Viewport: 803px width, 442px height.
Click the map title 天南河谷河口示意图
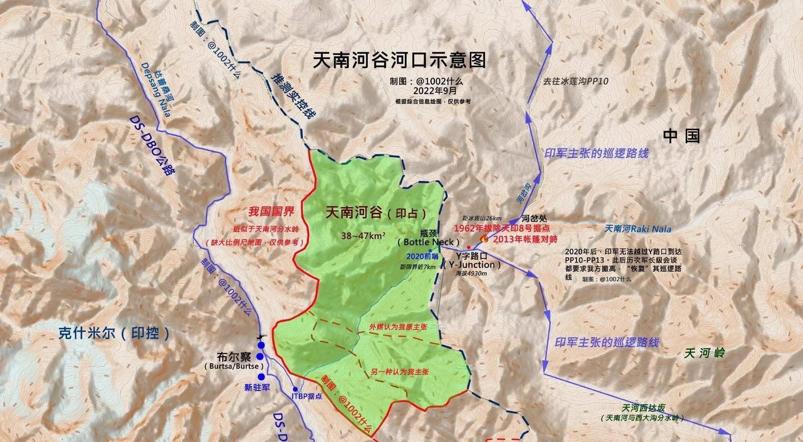[x=399, y=60]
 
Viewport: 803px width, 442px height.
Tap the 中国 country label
[x=681, y=136]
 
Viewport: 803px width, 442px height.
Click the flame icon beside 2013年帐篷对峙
[x=484, y=239]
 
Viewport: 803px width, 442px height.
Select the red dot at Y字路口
[x=468, y=247]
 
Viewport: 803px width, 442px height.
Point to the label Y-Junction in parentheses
[x=472, y=265]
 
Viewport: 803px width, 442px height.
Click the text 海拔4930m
[x=471, y=273]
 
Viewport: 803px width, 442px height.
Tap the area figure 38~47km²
[x=363, y=236]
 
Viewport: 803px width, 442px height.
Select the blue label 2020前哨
[x=422, y=257]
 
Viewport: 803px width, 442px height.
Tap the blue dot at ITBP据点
[x=295, y=389]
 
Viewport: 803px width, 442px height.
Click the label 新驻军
[x=257, y=388]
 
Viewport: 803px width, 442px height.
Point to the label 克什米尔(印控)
[x=114, y=334]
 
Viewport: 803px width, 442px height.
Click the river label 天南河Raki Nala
[x=638, y=229]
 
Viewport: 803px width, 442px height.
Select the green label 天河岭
[x=705, y=353]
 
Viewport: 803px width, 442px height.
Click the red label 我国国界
[x=271, y=212]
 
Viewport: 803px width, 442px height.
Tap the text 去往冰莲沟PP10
[x=575, y=81]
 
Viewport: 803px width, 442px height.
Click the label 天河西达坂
[x=643, y=408]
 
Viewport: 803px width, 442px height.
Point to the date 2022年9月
[x=435, y=91]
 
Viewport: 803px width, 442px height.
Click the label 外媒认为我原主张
[x=398, y=327]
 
